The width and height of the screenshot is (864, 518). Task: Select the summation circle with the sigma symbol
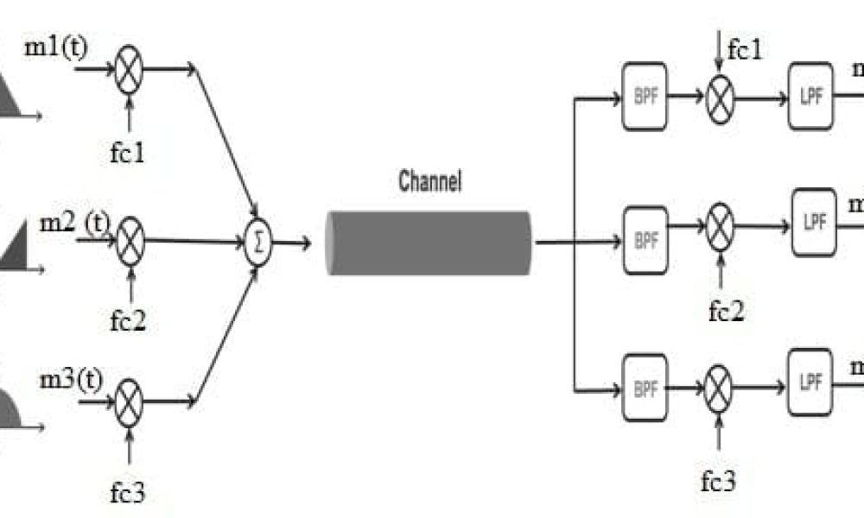pos(257,243)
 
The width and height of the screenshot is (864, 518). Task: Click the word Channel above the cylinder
pos(429,182)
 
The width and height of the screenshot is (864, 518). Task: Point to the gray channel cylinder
pos(429,243)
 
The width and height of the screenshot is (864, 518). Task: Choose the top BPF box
pos(645,97)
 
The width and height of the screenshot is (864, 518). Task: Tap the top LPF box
pos(810,97)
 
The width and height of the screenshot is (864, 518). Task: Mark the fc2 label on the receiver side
pos(726,312)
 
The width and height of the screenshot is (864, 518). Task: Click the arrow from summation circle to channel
pos(293,243)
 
